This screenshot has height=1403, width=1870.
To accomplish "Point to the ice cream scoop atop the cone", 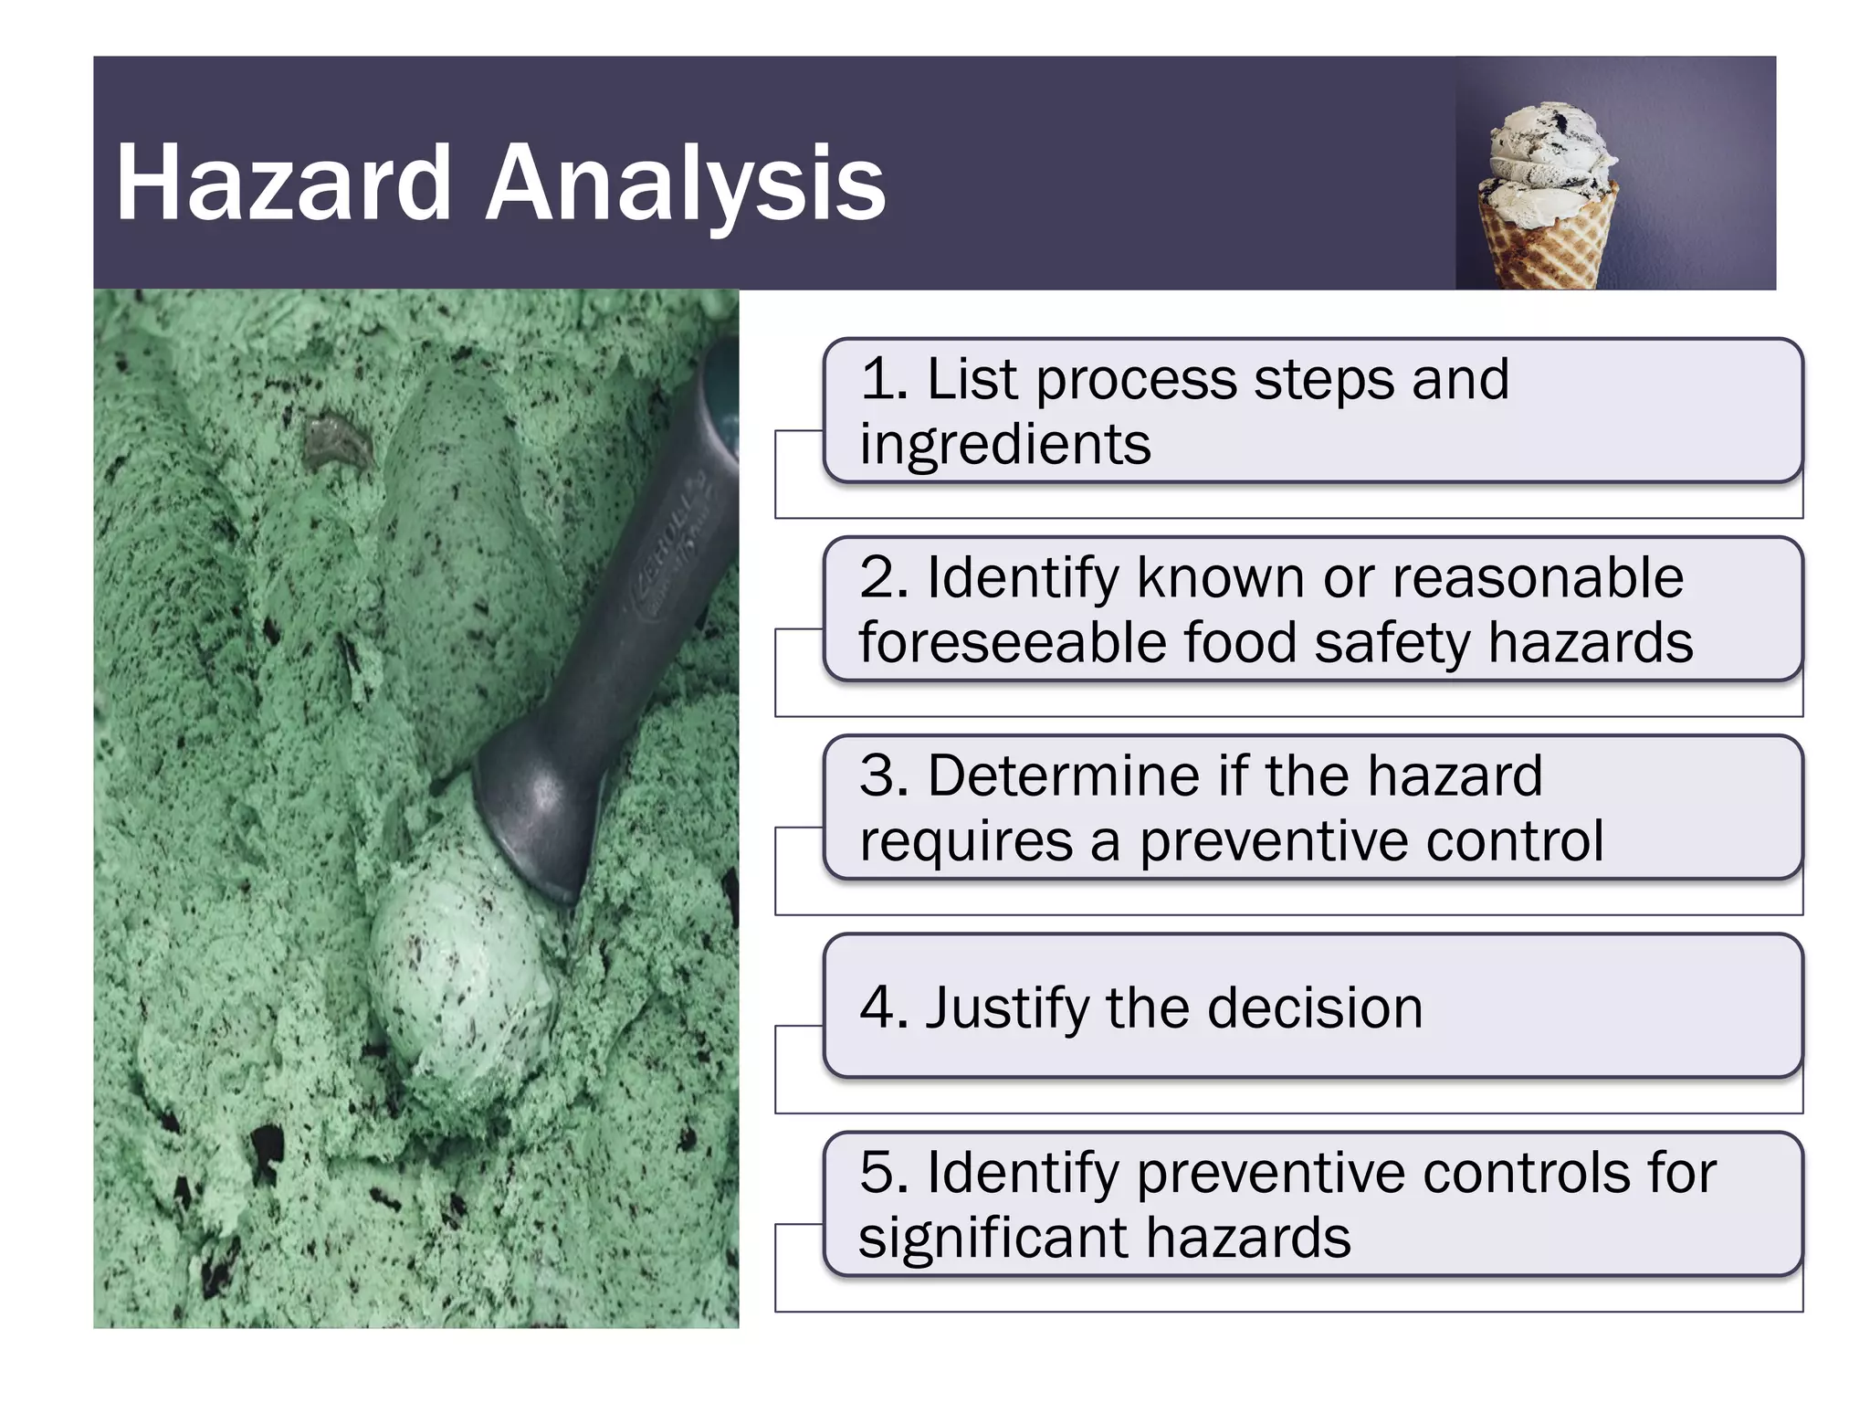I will pos(1549,151).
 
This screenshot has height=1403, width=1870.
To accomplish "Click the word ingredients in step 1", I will pos(1004,445).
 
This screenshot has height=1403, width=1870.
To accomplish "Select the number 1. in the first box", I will pos(884,379).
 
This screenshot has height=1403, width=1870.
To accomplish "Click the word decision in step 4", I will pos(1315,1007).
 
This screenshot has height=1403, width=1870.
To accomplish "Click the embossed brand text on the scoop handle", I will pos(676,557).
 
